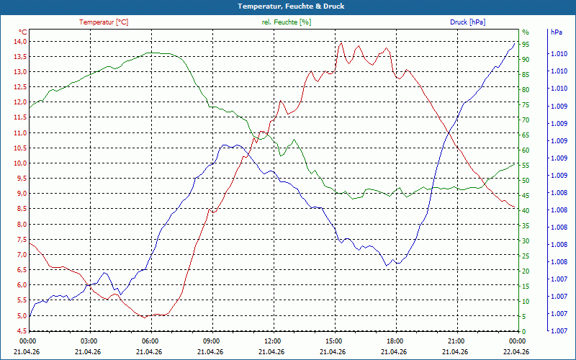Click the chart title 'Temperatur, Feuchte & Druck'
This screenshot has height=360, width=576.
coord(291,6)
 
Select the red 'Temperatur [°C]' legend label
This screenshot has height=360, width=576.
coord(104,22)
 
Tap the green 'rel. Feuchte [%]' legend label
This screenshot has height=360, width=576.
coord(287,22)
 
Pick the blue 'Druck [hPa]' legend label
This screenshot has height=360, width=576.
coord(467,22)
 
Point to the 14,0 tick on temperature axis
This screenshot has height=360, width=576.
coord(20,42)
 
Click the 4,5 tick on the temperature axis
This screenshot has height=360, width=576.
coord(20,330)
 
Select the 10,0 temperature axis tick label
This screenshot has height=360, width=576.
coord(20,163)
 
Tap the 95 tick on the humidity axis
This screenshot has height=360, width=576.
coord(526,45)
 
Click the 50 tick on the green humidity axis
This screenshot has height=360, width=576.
coord(526,181)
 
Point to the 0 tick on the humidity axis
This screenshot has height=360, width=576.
coord(524,332)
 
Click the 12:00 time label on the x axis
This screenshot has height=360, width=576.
coord(273,341)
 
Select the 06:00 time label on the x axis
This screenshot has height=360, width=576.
coord(150,341)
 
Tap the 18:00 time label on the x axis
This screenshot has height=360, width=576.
coord(395,341)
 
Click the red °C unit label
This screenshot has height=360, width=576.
coord(23,32)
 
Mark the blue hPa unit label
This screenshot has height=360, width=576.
coord(556,32)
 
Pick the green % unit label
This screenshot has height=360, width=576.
coord(526,32)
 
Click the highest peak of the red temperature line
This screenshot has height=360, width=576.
coord(341,43)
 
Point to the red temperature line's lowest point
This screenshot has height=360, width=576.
coord(145,318)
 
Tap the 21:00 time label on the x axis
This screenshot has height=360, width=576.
coord(456,341)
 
